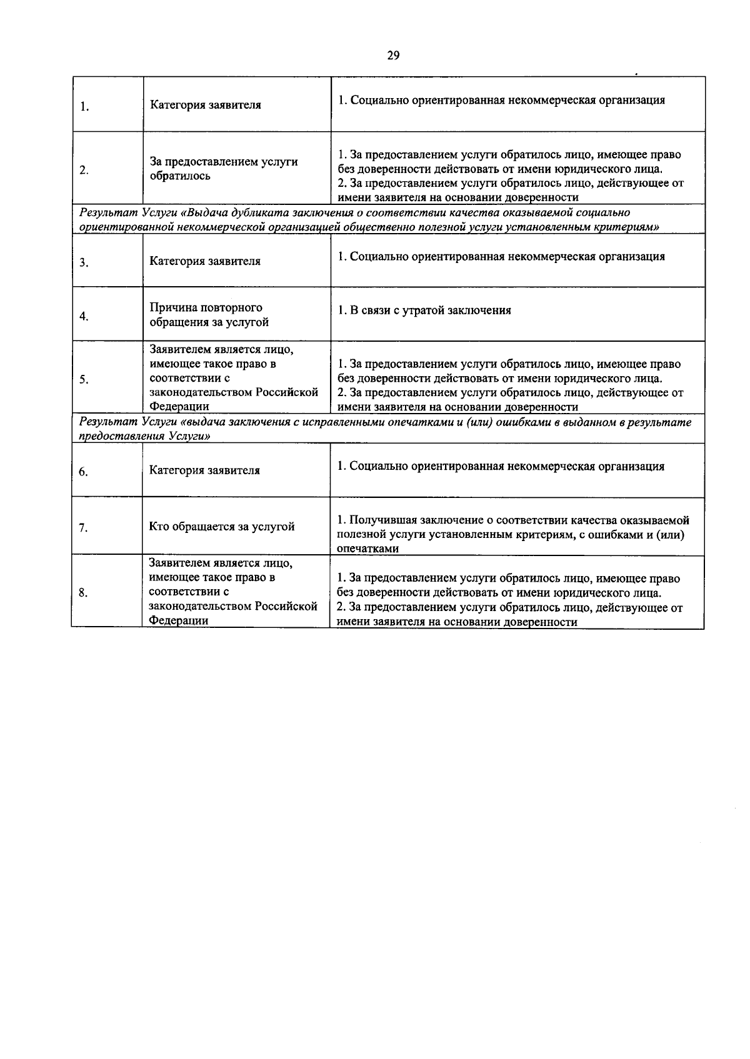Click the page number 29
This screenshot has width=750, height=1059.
[x=392, y=56]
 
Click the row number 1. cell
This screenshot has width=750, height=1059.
[x=84, y=106]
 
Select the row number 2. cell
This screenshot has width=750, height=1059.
[x=84, y=170]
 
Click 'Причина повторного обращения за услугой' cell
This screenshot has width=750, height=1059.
[x=209, y=315]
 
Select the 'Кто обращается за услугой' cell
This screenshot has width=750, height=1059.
[x=221, y=527]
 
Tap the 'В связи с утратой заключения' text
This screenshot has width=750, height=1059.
[x=424, y=311]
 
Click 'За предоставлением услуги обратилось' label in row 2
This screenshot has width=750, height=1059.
[x=223, y=169]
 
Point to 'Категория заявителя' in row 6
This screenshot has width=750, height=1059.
[x=204, y=470]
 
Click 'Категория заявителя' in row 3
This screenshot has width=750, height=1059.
[x=205, y=261]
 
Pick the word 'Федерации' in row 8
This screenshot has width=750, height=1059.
[x=178, y=620]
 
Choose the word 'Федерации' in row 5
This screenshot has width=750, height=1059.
[x=179, y=407]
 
